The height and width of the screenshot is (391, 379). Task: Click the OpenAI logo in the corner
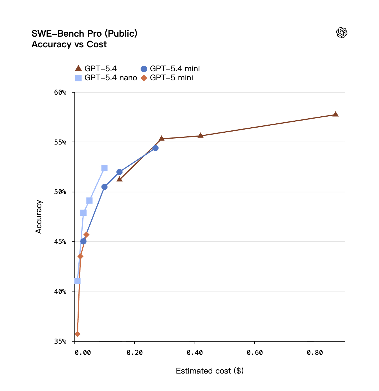(x=341, y=33)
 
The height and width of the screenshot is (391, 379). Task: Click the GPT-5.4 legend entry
(x=96, y=68)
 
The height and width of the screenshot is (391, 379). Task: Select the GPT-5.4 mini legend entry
(x=170, y=68)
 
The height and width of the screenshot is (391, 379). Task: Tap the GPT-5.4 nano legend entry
(x=106, y=78)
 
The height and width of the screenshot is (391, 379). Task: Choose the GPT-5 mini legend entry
(x=167, y=78)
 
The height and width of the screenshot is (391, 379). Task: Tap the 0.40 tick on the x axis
(x=195, y=353)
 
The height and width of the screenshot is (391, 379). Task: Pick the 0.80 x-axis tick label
(x=315, y=353)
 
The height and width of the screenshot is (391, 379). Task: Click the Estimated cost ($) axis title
(x=210, y=371)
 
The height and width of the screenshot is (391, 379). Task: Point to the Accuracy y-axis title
(x=39, y=217)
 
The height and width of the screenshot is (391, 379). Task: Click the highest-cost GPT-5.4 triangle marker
(x=335, y=114)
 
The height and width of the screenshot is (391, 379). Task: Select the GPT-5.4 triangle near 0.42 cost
(x=200, y=135)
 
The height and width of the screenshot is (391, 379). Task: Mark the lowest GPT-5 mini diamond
(x=77, y=334)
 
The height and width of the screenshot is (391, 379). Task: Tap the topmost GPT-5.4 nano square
(x=104, y=168)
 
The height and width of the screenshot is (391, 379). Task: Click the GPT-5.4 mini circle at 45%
(x=83, y=241)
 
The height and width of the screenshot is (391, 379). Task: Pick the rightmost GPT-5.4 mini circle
(x=155, y=148)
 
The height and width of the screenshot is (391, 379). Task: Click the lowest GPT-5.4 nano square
(x=77, y=281)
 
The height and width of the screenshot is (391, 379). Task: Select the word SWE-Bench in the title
(x=58, y=34)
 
